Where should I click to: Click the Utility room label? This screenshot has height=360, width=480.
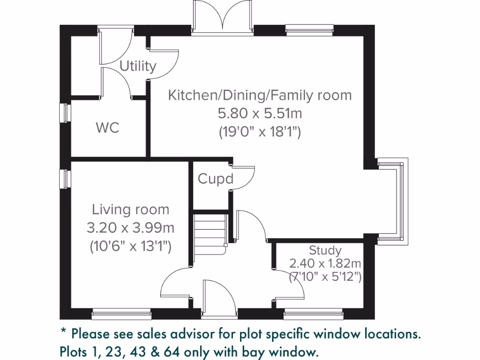138,66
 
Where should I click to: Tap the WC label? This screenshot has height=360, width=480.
107,127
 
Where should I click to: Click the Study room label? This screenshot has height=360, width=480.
325,250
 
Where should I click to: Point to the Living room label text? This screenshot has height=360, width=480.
130,209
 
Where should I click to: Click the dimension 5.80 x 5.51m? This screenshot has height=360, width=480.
260,113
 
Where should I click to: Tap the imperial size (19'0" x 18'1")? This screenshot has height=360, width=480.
260,132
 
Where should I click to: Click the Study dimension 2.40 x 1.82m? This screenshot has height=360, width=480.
325,263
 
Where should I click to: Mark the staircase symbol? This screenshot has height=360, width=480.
210,233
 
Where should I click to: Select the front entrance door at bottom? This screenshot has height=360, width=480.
218,296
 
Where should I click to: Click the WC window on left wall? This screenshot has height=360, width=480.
66,113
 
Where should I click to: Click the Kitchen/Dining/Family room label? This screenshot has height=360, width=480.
260,95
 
